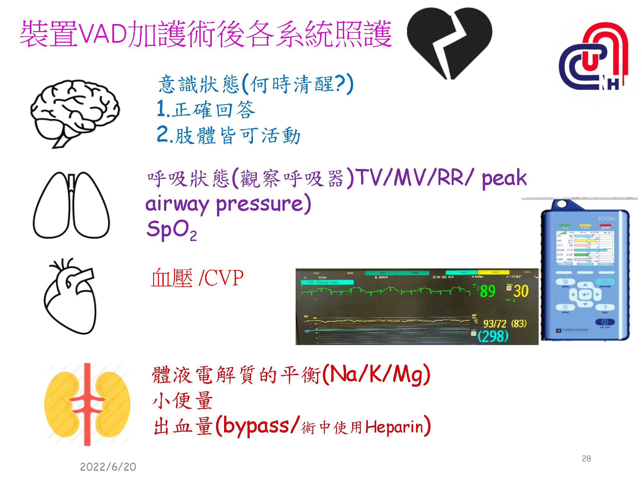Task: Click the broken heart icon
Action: pyautogui.click(x=449, y=42)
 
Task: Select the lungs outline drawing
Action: pyautogui.click(x=71, y=205)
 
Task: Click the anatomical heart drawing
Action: pyautogui.click(x=71, y=297)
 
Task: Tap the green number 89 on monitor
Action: pyautogui.click(x=488, y=291)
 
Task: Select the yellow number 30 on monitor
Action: pyautogui.click(x=521, y=291)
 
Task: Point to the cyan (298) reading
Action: pyautogui.click(x=493, y=336)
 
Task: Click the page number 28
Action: pyautogui.click(x=586, y=459)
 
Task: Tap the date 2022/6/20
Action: pyautogui.click(x=108, y=467)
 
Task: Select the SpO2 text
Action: pyautogui.click(x=171, y=230)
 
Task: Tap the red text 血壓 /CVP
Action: pyautogui.click(x=197, y=278)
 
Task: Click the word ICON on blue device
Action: pyautogui.click(x=606, y=219)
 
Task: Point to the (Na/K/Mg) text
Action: pyautogui.click(x=376, y=375)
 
